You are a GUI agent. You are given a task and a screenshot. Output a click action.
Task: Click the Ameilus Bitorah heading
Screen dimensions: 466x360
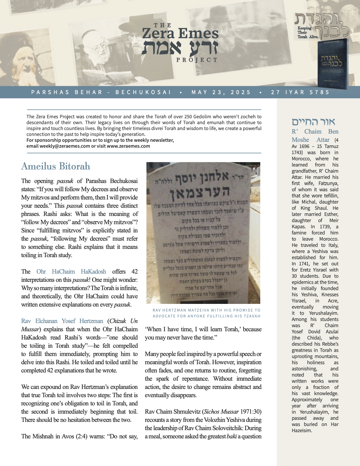click(x=56, y=166)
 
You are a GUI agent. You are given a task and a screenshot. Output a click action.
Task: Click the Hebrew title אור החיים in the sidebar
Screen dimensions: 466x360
click(x=313, y=122)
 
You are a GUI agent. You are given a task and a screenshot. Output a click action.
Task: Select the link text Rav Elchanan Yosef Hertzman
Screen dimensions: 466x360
click(x=62, y=321)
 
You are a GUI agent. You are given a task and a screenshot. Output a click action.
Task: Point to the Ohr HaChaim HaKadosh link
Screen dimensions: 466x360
click(x=71, y=272)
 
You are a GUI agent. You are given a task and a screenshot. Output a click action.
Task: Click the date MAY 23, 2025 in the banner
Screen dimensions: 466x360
click(x=221, y=92)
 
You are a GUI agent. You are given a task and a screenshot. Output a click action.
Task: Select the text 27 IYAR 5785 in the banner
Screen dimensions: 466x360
click(x=300, y=92)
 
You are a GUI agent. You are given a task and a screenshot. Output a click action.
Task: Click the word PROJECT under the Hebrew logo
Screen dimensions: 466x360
click(x=197, y=60)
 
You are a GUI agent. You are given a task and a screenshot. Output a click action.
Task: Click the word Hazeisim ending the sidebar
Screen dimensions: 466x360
click(x=302, y=430)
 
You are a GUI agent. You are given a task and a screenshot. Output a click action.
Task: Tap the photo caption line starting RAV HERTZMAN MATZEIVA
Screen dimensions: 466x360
click(x=206, y=310)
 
